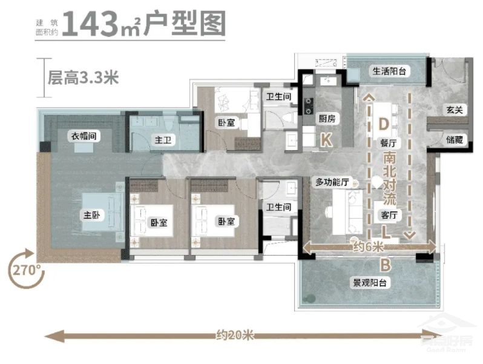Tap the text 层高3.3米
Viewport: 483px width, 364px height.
[x=83, y=77]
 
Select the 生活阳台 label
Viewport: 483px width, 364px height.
[x=388, y=71]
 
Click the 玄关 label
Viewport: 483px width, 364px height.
[x=455, y=110]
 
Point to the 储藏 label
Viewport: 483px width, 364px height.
[x=455, y=139]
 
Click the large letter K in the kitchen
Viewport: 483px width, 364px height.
[x=326, y=141]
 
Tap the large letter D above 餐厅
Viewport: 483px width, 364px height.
[x=383, y=124]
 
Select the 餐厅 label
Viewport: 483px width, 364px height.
[x=388, y=144]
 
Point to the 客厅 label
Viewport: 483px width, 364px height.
[x=388, y=215]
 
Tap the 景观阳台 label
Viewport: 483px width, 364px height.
[x=370, y=283]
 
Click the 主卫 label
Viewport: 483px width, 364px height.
[x=162, y=141]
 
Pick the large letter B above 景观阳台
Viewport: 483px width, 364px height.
[x=385, y=265]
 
